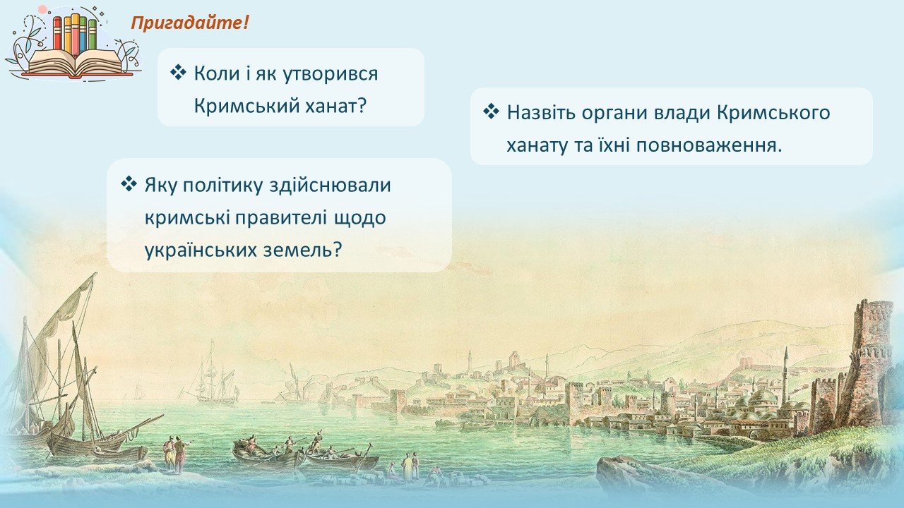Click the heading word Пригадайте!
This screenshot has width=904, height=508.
[190, 23]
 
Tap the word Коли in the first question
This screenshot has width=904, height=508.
[217, 74]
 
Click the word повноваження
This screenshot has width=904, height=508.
[709, 145]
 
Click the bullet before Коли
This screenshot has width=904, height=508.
[178, 73]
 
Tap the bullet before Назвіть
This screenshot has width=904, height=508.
[491, 111]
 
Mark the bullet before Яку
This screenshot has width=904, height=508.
[129, 184]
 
